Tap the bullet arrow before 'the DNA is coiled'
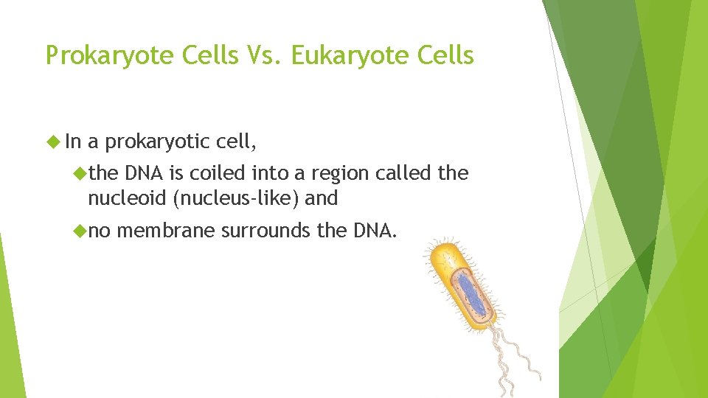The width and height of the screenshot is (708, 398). pyautogui.click(x=80, y=174)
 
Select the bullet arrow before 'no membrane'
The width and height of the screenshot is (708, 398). pyautogui.click(x=80, y=231)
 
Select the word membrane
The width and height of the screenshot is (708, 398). pyautogui.click(x=166, y=231)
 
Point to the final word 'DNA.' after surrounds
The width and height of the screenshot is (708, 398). pyautogui.click(x=376, y=231)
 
